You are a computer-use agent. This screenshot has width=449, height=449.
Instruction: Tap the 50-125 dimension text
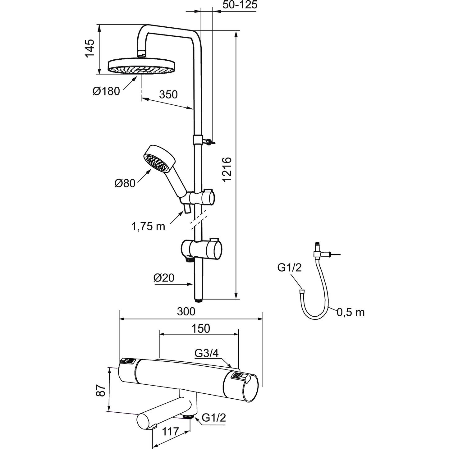click(240, 5)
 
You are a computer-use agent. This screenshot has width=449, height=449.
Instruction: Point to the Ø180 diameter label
click(106, 91)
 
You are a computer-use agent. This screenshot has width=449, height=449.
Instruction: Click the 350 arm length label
click(168, 94)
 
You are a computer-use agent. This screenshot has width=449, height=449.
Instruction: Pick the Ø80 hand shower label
click(125, 183)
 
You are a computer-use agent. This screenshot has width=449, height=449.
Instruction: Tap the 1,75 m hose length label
click(148, 227)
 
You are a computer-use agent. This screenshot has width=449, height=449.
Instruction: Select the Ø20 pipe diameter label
click(164, 278)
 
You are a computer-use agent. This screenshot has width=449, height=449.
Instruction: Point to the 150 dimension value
click(201, 328)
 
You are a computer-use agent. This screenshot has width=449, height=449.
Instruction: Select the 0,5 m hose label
click(350, 312)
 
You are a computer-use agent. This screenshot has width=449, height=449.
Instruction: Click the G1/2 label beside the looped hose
click(289, 267)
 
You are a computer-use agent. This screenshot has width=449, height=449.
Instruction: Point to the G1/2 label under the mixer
click(213, 418)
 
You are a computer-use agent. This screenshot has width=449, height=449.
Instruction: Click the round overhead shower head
click(142, 67)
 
